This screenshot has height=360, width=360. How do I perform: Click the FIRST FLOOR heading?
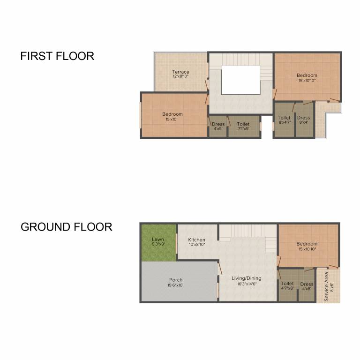(57, 56)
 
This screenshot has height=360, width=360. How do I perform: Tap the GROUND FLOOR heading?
(66, 227)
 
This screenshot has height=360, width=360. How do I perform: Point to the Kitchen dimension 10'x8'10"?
(196, 245)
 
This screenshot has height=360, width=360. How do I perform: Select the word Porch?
(176, 280)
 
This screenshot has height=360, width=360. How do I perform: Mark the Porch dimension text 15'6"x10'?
(176, 285)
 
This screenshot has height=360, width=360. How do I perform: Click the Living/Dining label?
(247, 278)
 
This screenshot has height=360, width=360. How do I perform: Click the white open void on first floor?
(240, 80)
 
